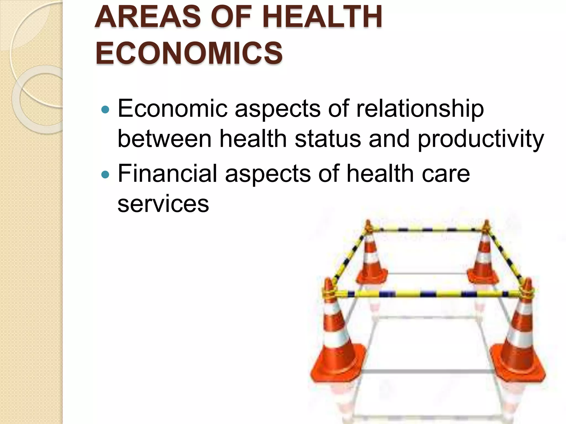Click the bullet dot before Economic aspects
point(105,110)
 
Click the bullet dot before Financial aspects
point(105,174)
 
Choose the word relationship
point(420,109)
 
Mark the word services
point(163,204)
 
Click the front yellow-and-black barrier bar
point(428,294)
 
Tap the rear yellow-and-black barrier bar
point(427,229)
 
